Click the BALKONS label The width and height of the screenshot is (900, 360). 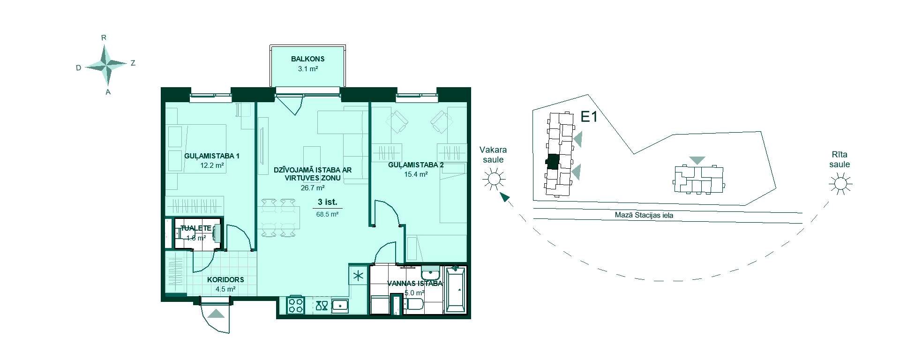tap(307, 59)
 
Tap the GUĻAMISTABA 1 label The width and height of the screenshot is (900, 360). tap(212, 156)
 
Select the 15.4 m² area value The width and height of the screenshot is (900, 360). tap(416, 174)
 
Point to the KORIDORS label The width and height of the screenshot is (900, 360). tap(225, 279)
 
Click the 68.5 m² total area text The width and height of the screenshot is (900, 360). tap(327, 214)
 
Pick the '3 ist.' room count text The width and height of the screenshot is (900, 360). tap(327, 202)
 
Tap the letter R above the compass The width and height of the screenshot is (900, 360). tap(105, 37)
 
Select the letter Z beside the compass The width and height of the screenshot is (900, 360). tap(133, 63)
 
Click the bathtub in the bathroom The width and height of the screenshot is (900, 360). tap(456, 290)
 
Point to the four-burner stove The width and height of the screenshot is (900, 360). tap(295, 306)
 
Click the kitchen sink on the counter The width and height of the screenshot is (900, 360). tap(340, 306)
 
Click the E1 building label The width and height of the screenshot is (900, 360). tap(589, 117)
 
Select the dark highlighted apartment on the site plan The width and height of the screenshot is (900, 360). tap(553, 162)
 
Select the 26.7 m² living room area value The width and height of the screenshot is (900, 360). tap(313, 188)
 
